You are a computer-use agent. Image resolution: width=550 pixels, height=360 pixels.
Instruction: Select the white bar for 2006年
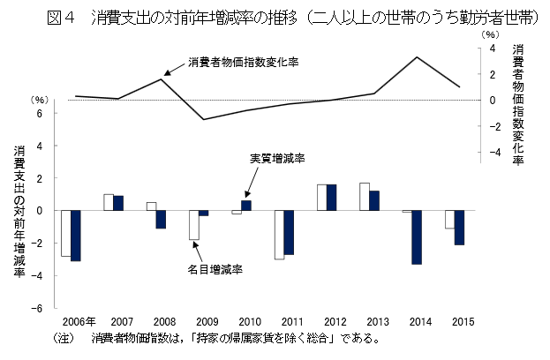coord(65,233)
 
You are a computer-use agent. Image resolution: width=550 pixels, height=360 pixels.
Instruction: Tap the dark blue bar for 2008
coord(162,220)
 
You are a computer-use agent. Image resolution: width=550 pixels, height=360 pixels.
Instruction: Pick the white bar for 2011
coord(279,235)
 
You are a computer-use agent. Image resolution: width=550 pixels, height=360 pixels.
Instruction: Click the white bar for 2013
coord(364,197)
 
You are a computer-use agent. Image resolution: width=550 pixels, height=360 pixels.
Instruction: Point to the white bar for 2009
coord(193,225)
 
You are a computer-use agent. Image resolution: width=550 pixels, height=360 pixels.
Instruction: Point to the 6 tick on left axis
coord(39,113)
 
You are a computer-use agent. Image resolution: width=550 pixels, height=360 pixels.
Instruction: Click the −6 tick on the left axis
coord(37,308)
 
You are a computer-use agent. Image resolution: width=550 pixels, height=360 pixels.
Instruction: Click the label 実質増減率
coord(277,158)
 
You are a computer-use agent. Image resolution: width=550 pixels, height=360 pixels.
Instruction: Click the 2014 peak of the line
coord(418,57)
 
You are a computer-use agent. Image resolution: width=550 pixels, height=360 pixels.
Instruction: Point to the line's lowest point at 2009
coord(205,119)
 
